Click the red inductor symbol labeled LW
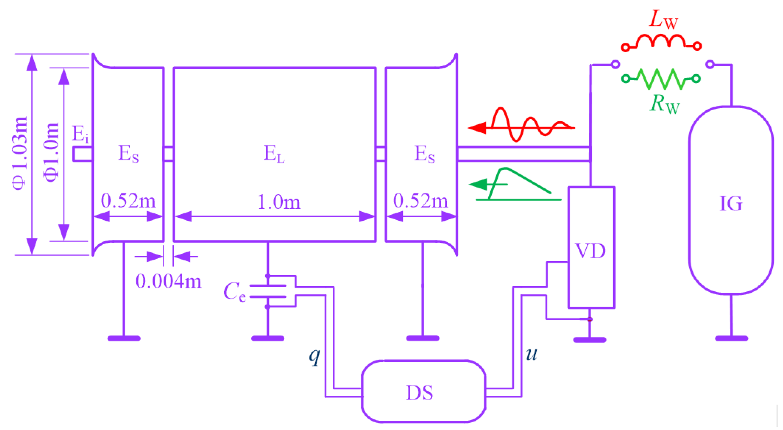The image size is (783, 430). (661, 43)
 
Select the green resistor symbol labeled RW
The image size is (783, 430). (661, 79)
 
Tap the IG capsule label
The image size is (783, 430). (731, 203)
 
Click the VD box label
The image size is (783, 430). (591, 251)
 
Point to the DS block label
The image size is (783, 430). (419, 393)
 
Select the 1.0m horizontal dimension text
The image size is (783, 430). (279, 202)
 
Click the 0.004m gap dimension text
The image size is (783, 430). (169, 281)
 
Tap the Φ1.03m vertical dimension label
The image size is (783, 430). (20, 154)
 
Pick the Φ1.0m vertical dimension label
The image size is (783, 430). (51, 152)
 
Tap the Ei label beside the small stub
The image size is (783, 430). (80, 134)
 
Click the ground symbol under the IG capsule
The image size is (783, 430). (731, 338)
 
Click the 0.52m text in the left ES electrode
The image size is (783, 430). (128, 201)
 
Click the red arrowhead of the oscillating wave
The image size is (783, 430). (477, 128)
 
